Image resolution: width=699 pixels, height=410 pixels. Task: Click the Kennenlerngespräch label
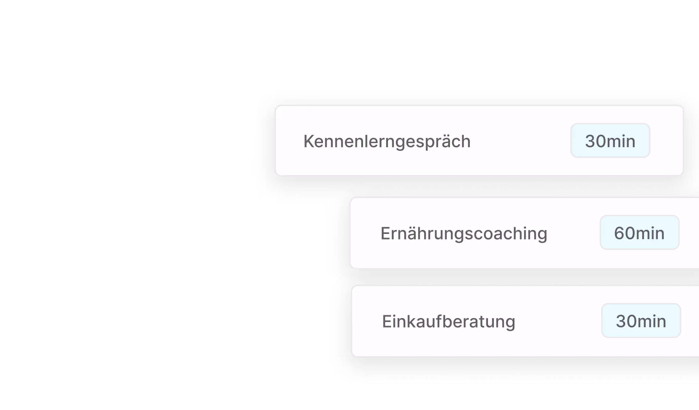(387, 141)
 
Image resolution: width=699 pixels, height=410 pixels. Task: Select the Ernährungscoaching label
(464, 233)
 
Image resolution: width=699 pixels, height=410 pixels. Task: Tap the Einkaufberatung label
(448, 321)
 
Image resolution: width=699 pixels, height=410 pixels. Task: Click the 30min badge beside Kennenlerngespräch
(610, 141)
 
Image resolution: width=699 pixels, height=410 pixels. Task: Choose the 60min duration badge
(639, 233)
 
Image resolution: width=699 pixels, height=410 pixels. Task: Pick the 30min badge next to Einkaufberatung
(641, 321)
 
